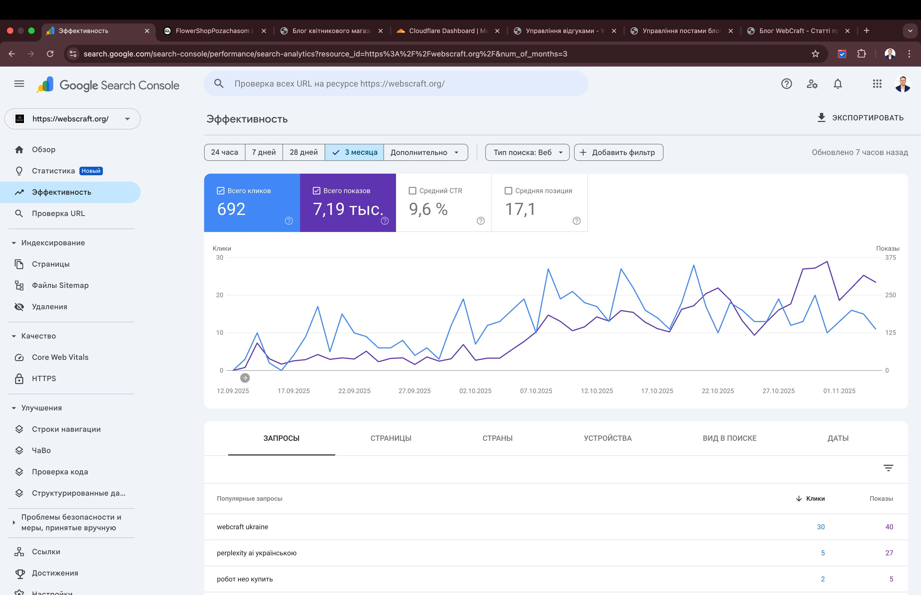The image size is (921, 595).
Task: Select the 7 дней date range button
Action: pyautogui.click(x=264, y=152)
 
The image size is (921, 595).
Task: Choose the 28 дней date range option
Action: pyautogui.click(x=304, y=152)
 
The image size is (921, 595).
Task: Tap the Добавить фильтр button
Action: pyautogui.click(x=618, y=152)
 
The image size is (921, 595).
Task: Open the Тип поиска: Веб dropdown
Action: pyautogui.click(x=527, y=152)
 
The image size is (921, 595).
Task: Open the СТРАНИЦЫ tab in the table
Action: pyautogui.click(x=391, y=438)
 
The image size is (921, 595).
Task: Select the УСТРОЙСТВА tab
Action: pyautogui.click(x=608, y=438)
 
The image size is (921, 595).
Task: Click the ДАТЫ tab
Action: pyautogui.click(x=838, y=438)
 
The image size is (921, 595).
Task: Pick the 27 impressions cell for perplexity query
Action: pyautogui.click(x=889, y=553)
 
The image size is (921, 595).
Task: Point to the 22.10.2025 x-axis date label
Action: pyautogui.click(x=718, y=391)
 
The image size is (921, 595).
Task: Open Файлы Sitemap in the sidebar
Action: pyautogui.click(x=60, y=286)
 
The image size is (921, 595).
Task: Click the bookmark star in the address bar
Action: pyautogui.click(x=815, y=54)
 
